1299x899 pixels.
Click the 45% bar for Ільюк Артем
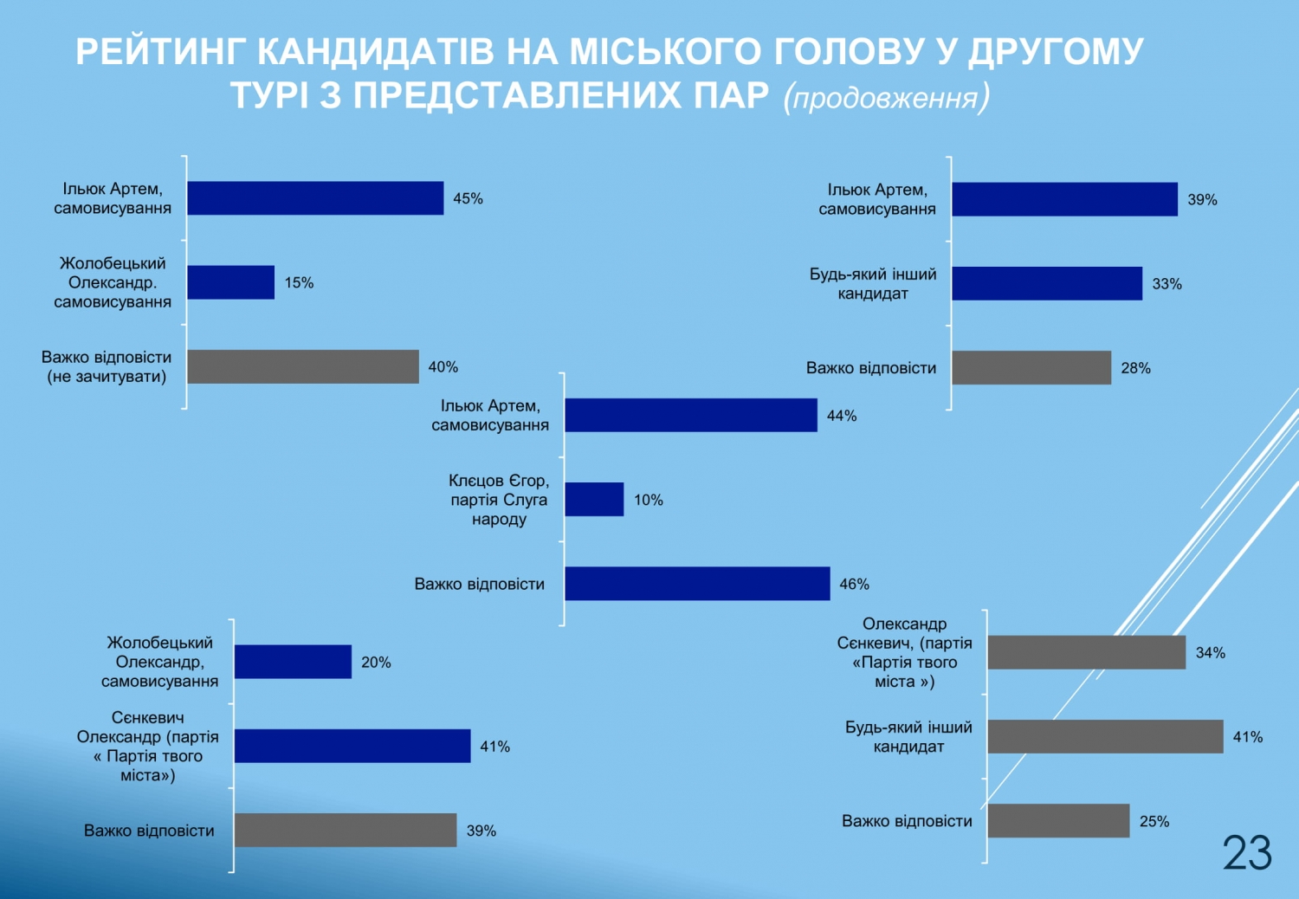[315, 198]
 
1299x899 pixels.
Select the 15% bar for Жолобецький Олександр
[231, 282]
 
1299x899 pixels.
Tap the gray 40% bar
[303, 366]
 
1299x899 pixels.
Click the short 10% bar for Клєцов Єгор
[594, 500]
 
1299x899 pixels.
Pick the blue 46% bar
[698, 584]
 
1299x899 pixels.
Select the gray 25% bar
[1059, 821]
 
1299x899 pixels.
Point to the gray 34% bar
[1087, 652]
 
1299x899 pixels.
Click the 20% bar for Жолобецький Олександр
[293, 662]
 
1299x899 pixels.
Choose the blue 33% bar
[1047, 283]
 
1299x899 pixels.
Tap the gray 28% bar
[1031, 368]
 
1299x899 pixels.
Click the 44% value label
[842, 416]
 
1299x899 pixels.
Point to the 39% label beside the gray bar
[481, 831]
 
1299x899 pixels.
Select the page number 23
[1247, 852]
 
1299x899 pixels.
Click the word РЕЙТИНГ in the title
[162, 51]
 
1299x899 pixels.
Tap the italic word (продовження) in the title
[887, 97]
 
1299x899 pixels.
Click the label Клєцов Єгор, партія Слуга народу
[499, 500]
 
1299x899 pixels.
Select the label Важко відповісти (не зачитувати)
[107, 366]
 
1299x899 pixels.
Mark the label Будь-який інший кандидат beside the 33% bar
[873, 283]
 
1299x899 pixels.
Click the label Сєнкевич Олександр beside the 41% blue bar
[148, 746]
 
